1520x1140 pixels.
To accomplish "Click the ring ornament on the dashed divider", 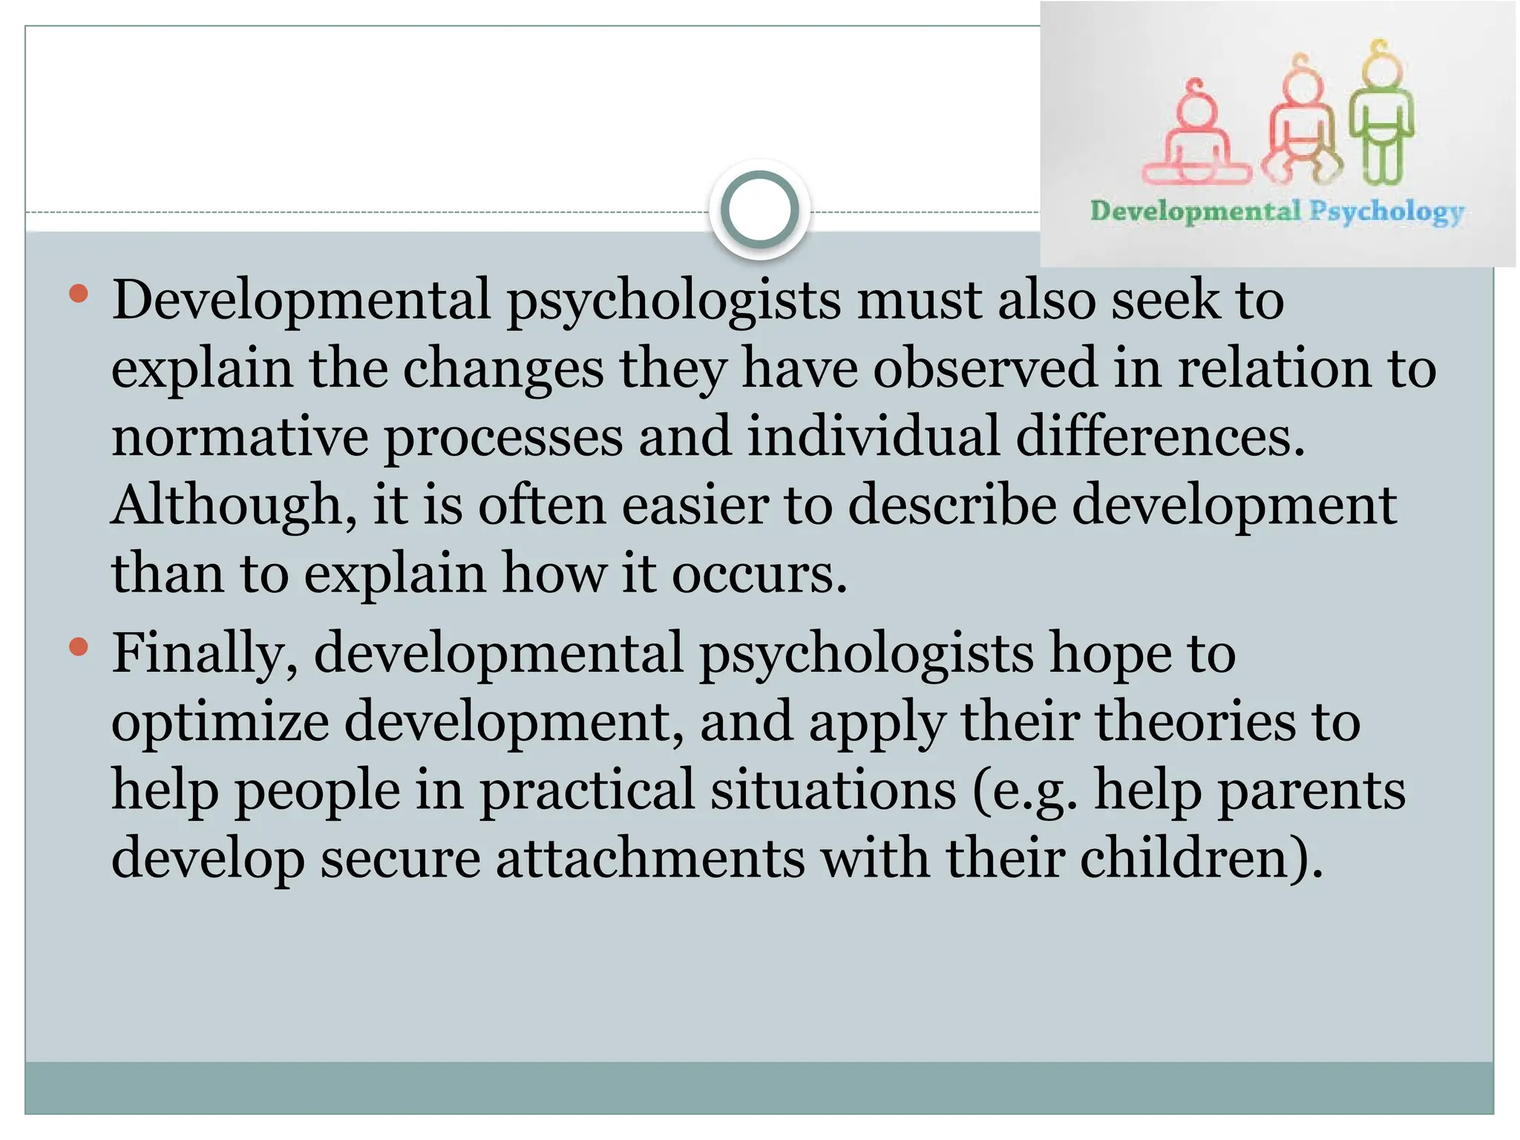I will click(759, 210).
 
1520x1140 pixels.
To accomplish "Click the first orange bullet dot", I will click(78, 294).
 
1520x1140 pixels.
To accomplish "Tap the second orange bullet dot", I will click(78, 647).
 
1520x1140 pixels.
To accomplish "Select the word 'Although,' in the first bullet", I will click(234, 505).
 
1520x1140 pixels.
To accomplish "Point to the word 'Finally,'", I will click(205, 653).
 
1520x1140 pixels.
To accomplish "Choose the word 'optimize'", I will click(220, 722).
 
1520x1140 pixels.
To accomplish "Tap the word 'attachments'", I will click(650, 859).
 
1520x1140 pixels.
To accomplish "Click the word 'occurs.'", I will click(759, 574).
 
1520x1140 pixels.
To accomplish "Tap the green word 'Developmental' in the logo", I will click(1195, 211).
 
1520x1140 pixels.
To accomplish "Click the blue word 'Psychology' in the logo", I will click(1386, 212).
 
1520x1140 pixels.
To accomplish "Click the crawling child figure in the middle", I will click(1301, 122).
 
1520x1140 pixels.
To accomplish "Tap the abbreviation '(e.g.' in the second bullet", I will click(1024, 791).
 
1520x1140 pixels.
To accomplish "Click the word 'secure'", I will click(400, 859).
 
